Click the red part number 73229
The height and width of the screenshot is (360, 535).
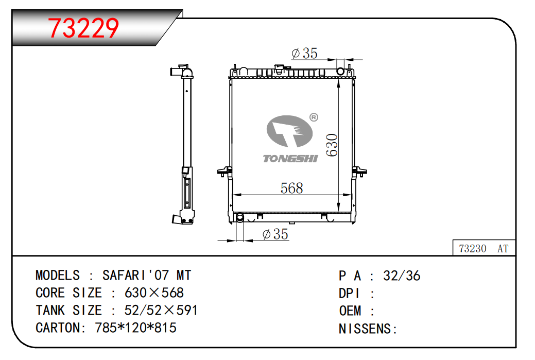click(83, 28)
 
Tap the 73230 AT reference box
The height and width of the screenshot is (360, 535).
click(484, 248)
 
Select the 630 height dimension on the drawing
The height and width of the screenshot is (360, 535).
click(332, 145)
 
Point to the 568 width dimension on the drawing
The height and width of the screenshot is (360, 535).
click(292, 188)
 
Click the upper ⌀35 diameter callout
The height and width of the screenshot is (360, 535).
click(304, 53)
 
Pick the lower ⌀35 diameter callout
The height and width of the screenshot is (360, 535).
click(275, 234)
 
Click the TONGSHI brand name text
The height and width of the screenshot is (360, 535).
click(290, 158)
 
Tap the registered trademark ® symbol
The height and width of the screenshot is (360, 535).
click(314, 117)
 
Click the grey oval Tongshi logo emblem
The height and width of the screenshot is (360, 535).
click(289, 131)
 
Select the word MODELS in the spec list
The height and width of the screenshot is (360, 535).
click(58, 276)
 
